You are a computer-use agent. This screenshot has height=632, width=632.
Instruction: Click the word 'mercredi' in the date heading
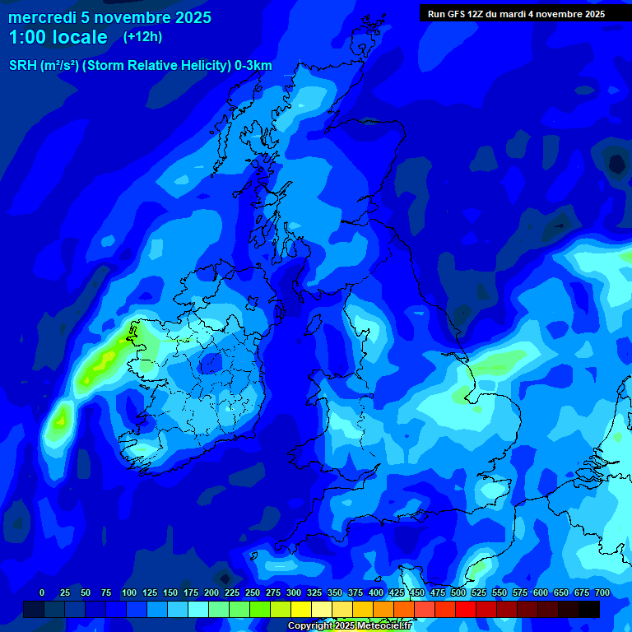coord(42,17)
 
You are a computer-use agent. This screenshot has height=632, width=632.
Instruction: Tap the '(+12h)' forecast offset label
coord(142,36)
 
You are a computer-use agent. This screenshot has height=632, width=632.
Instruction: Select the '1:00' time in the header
coord(26,37)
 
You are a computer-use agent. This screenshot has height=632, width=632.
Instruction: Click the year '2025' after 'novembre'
coord(191,17)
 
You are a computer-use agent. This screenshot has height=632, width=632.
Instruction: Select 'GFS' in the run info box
coord(455,14)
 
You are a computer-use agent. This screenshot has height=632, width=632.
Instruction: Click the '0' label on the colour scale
coord(42,592)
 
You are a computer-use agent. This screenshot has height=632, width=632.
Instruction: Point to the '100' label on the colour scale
coord(129,592)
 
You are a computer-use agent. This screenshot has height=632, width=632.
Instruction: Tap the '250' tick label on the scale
coord(253,592)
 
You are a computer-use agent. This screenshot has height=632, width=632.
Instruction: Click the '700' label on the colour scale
coord(602,592)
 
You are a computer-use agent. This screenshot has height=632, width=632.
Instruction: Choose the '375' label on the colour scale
coord(355,592)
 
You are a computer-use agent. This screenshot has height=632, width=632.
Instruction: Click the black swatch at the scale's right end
coord(589,609)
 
